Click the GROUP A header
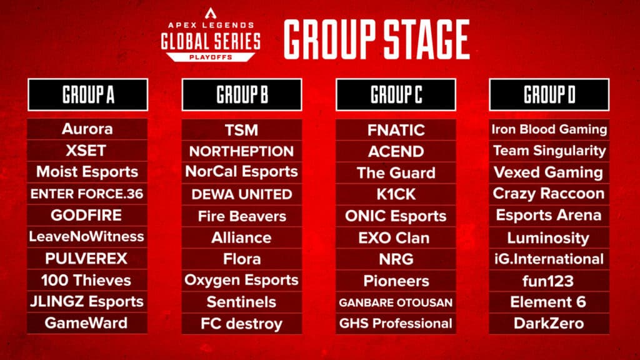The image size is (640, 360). (87, 95)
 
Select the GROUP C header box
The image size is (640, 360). (396, 95)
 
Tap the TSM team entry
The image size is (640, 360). (241, 130)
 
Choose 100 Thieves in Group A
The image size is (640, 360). (87, 280)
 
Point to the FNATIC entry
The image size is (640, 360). (396, 130)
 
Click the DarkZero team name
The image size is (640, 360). (549, 323)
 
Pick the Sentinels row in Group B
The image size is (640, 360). (241, 302)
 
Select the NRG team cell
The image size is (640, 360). (396, 259)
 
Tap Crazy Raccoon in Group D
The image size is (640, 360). (549, 194)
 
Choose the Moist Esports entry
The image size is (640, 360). (87, 172)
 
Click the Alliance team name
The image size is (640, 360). (241, 237)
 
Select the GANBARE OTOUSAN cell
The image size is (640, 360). (396, 302)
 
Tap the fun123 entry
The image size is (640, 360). (549, 280)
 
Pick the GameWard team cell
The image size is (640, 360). (87, 323)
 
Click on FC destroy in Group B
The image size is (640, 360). (241, 324)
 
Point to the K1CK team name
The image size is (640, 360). (396, 194)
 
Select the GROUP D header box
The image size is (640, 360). (549, 95)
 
